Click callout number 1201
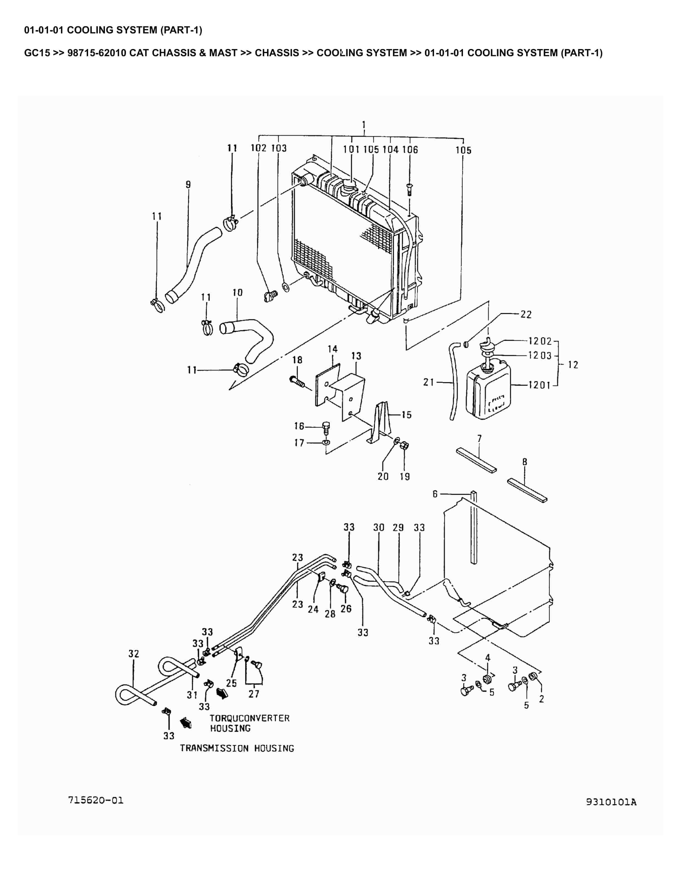click(x=539, y=385)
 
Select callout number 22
click(x=526, y=314)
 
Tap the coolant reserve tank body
click(x=488, y=394)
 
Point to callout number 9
click(x=188, y=185)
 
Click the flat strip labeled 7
click(x=476, y=460)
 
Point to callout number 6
click(x=435, y=494)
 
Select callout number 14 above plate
click(x=332, y=349)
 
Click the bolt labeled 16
click(x=326, y=427)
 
